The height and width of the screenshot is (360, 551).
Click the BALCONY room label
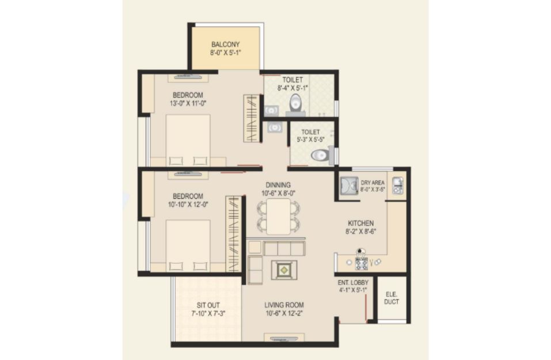225,45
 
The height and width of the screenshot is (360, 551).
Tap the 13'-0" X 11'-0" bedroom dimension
188,103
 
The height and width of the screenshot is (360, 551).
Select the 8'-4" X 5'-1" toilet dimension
292,88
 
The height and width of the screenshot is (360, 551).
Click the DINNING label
278,185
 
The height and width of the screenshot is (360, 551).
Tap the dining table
278,217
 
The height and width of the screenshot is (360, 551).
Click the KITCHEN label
360,223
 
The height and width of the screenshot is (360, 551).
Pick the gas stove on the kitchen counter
361,263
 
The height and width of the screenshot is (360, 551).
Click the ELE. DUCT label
392,298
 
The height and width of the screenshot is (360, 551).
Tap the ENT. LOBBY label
353,283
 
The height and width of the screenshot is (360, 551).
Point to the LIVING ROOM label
284,305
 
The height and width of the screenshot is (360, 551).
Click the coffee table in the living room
284,270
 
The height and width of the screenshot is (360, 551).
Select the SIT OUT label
208,305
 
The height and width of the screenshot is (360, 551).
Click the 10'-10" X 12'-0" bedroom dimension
188,204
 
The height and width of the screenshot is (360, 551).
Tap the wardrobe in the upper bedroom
252,119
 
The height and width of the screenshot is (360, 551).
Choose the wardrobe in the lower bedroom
233,234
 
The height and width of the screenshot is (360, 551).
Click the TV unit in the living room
284,338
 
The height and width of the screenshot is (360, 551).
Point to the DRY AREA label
373,183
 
